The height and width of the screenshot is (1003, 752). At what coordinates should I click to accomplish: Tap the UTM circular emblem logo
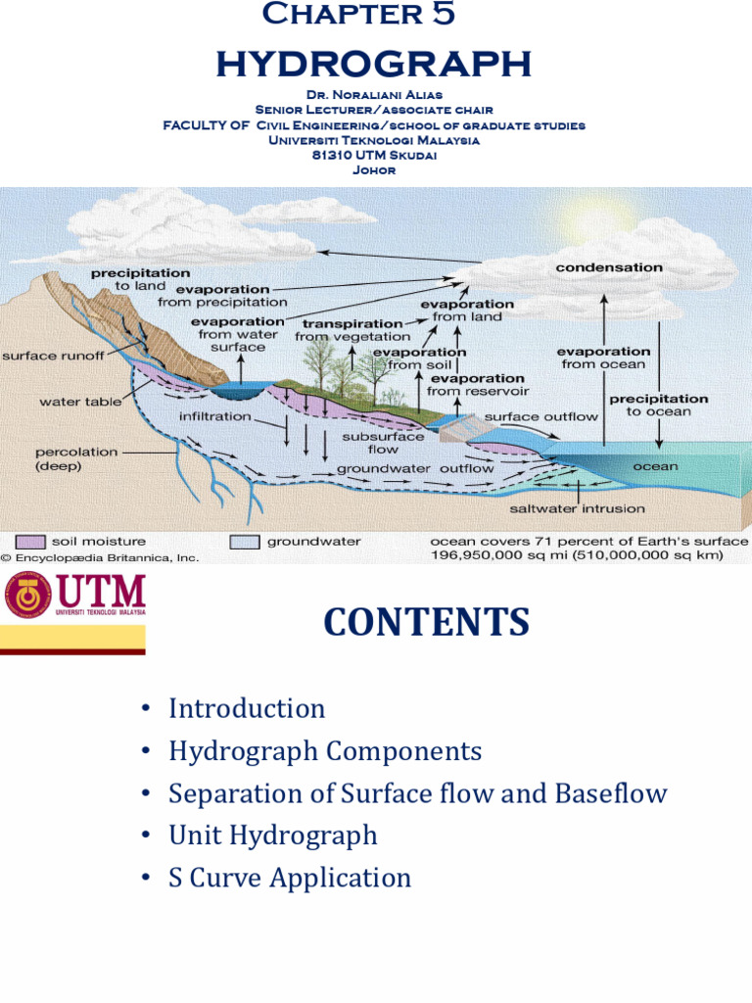pyautogui.click(x=28, y=596)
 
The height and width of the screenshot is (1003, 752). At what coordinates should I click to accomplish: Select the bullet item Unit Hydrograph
pyautogui.click(x=272, y=835)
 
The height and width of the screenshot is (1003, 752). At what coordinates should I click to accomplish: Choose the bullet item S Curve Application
pyautogui.click(x=289, y=877)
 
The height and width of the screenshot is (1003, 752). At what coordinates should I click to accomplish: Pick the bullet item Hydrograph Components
pyautogui.click(x=324, y=751)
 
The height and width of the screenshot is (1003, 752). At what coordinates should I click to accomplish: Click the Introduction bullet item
pyautogui.click(x=246, y=708)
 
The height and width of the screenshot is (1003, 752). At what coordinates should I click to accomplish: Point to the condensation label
pyautogui.click(x=609, y=267)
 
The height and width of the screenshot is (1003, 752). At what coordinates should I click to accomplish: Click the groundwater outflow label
pyautogui.click(x=415, y=468)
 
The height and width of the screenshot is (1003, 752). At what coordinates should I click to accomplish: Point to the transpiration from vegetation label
pyautogui.click(x=352, y=330)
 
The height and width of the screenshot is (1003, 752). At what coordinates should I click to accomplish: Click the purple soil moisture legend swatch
pyautogui.click(x=31, y=542)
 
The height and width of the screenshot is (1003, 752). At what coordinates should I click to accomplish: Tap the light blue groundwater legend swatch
pyautogui.click(x=245, y=542)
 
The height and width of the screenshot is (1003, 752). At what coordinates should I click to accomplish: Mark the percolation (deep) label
pyautogui.click(x=76, y=459)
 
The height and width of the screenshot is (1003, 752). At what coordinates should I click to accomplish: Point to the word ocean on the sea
pyautogui.click(x=655, y=466)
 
